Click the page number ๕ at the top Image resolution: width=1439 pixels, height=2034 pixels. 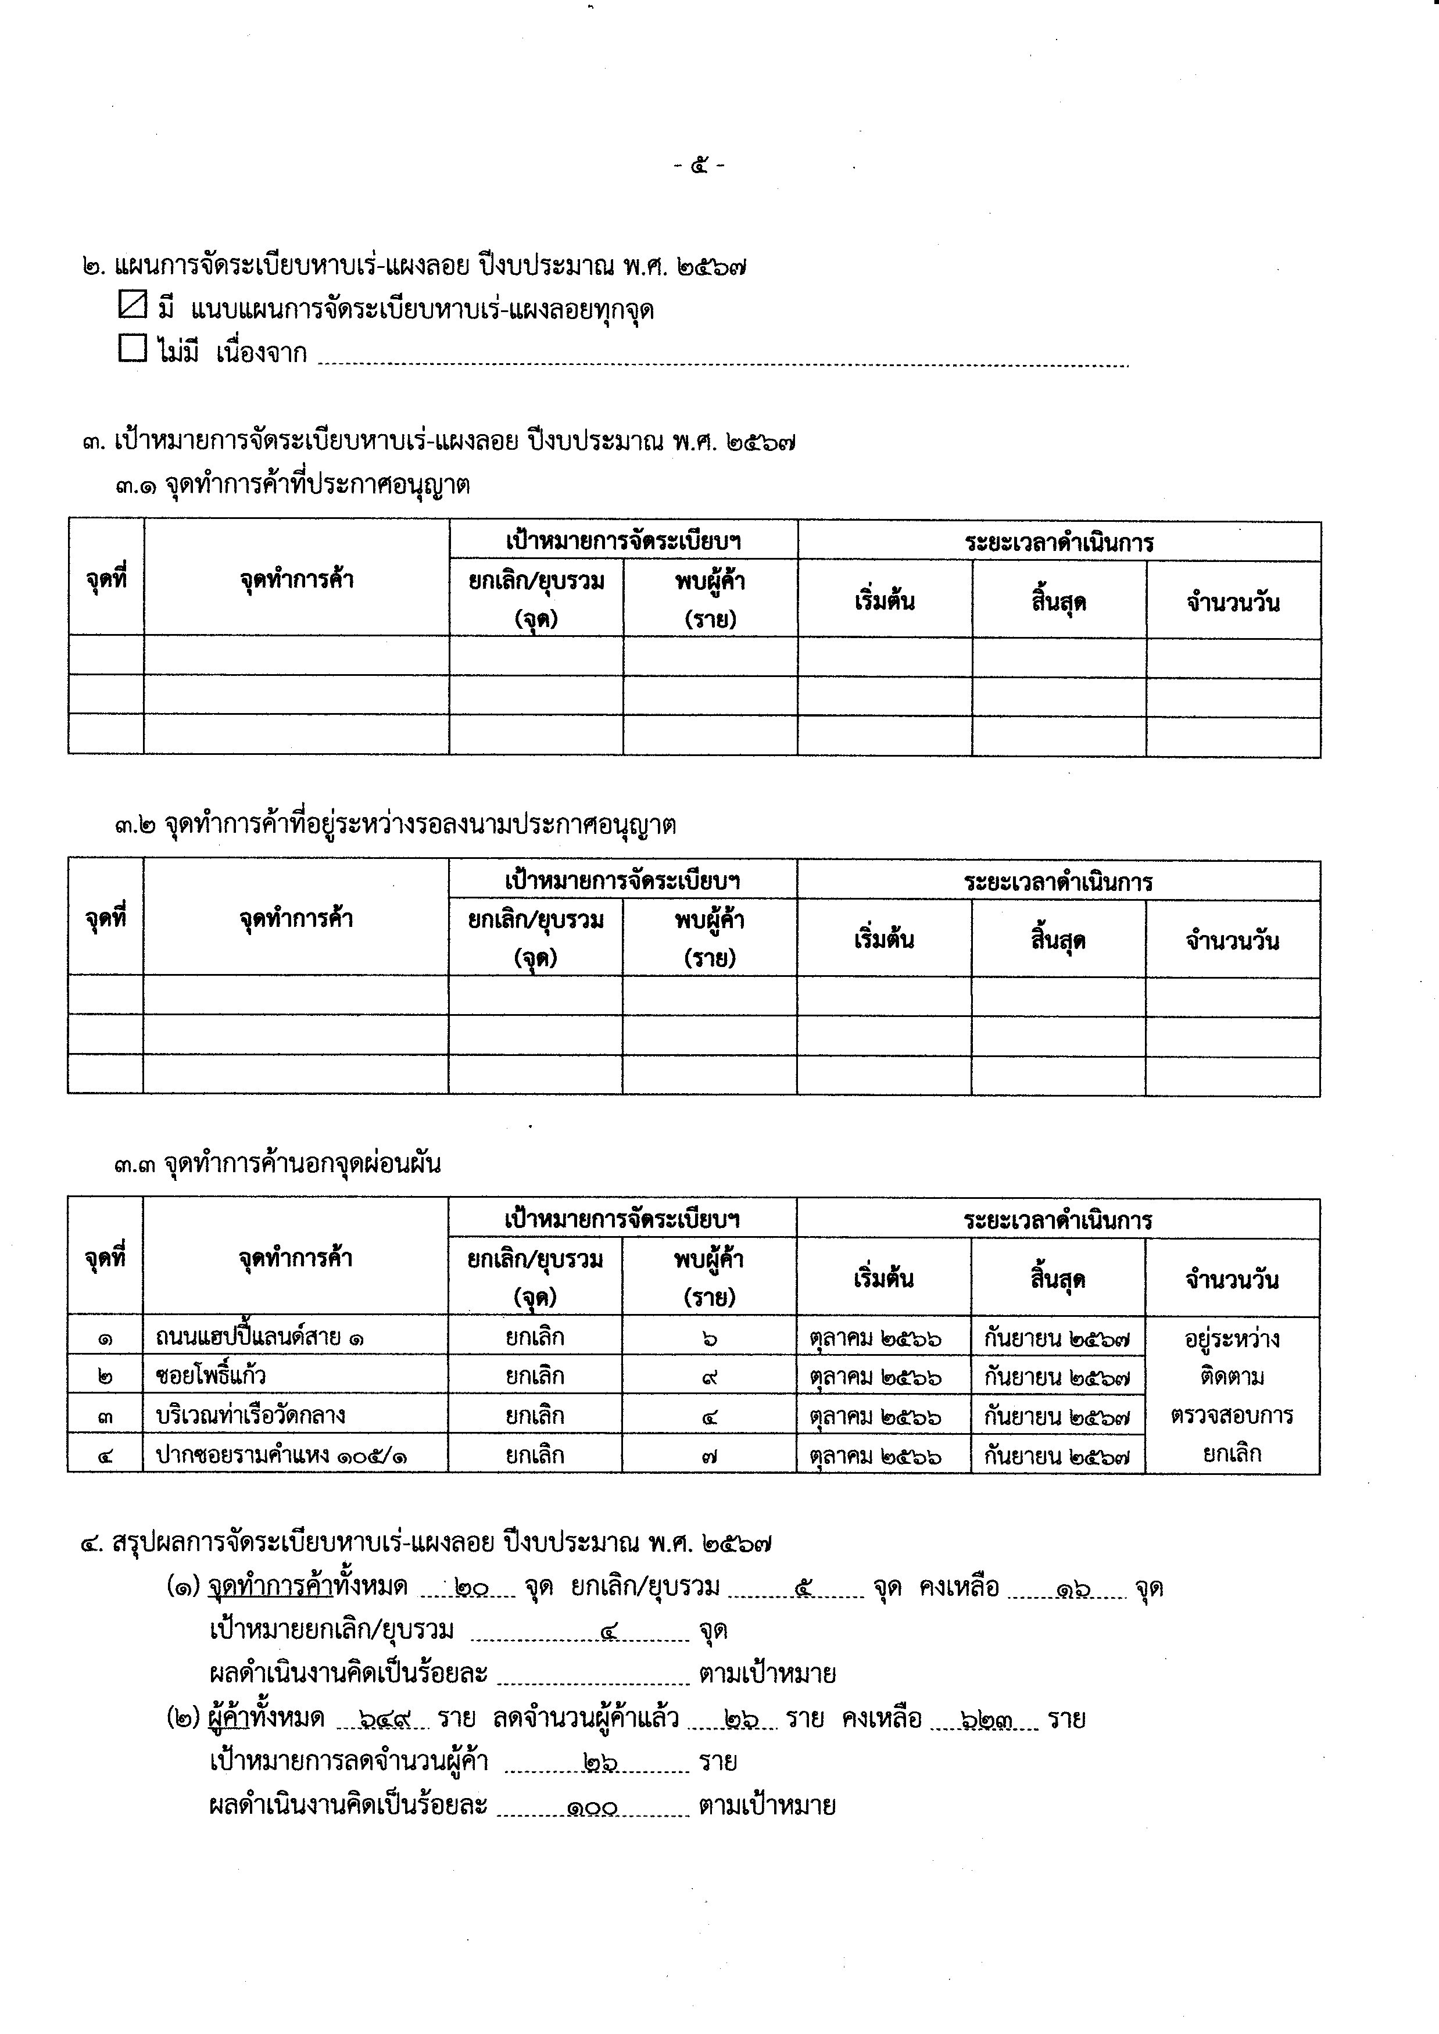(x=700, y=165)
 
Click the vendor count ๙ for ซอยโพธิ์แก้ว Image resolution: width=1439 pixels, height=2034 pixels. (x=710, y=1377)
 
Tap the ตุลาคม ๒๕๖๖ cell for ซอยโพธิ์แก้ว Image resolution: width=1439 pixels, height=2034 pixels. (x=875, y=1377)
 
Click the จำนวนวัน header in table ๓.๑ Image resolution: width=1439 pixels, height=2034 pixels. (x=1233, y=603)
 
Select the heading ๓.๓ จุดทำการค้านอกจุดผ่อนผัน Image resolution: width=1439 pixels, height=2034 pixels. (x=277, y=1164)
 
